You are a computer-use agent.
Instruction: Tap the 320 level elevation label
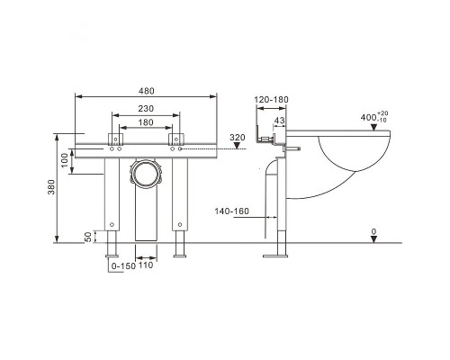click(x=238, y=138)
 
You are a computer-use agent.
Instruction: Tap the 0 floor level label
click(x=373, y=231)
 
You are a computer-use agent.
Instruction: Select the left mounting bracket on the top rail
click(x=115, y=139)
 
